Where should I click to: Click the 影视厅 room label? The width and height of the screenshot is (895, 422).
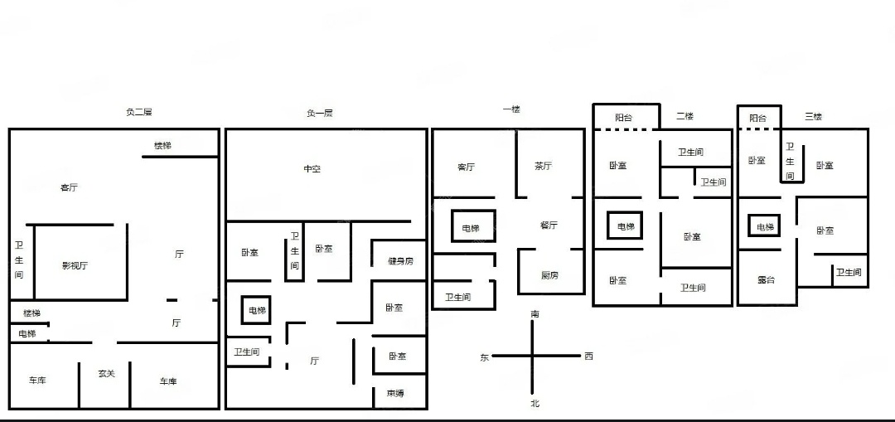[x=75, y=266]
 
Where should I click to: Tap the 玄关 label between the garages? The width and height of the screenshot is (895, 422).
[x=106, y=374]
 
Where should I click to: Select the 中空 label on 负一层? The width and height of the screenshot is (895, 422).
[x=312, y=169]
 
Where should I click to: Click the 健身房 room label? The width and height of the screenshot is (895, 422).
[x=400, y=262]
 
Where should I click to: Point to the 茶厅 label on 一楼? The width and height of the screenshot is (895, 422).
[x=543, y=166]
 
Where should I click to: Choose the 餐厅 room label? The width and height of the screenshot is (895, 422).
[x=549, y=225]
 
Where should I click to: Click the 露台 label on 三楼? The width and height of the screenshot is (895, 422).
[x=767, y=280]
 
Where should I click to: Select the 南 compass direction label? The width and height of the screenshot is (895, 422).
[x=535, y=315]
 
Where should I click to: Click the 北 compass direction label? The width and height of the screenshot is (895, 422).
[x=535, y=403]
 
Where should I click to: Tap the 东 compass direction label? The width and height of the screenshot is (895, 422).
[x=485, y=357]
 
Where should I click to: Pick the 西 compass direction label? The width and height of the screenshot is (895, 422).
[x=588, y=357]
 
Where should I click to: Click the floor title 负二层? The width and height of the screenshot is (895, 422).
[x=138, y=113]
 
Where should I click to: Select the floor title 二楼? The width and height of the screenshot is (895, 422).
[x=685, y=116]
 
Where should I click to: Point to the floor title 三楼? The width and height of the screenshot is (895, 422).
[x=813, y=117]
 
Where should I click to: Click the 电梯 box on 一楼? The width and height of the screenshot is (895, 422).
[x=472, y=228]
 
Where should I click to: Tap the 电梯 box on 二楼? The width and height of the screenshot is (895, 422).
[x=624, y=226]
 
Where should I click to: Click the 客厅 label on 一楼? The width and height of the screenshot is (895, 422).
[x=467, y=167]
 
